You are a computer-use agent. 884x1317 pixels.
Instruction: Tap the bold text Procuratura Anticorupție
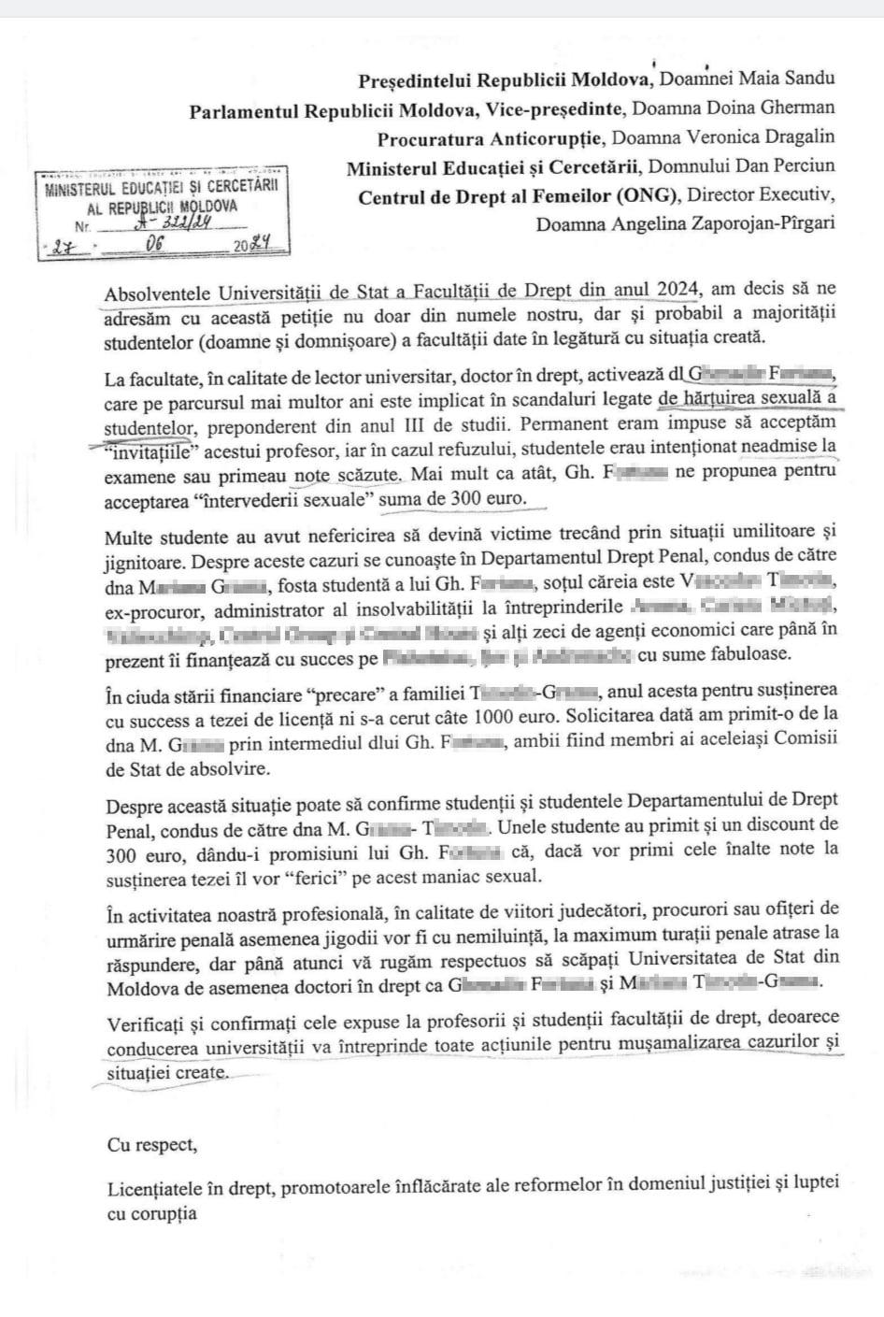click(x=491, y=138)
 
